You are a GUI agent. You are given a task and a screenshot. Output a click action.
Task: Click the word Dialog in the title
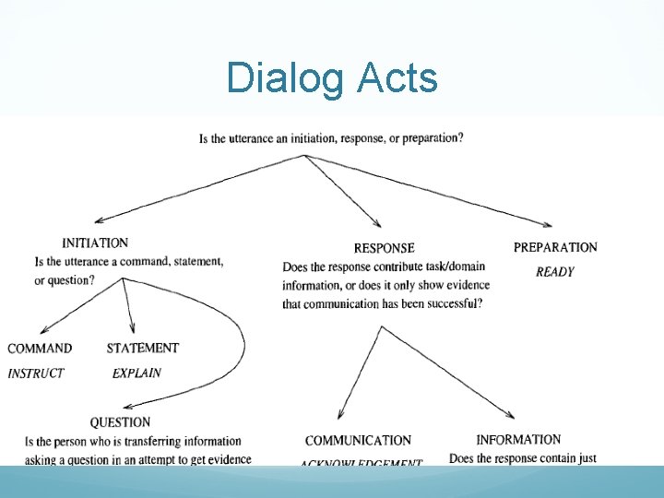283,78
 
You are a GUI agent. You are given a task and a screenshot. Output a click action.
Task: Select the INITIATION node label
95,243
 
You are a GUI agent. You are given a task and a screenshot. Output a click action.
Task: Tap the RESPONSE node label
384,248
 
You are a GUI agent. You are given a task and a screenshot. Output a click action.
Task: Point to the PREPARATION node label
555,247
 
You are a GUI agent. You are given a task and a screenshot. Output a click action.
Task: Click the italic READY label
555,272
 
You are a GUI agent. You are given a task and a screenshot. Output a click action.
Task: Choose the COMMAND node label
40,349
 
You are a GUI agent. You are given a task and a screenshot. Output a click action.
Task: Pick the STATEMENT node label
143,348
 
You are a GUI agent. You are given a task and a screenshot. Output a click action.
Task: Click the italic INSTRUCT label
36,373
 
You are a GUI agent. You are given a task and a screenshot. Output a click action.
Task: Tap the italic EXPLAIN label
136,373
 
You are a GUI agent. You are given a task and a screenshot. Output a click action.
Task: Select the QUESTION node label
120,422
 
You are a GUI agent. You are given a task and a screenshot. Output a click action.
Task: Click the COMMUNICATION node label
358,441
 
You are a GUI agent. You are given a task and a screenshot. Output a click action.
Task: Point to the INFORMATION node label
518,440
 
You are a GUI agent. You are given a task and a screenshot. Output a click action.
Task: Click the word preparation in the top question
429,139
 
